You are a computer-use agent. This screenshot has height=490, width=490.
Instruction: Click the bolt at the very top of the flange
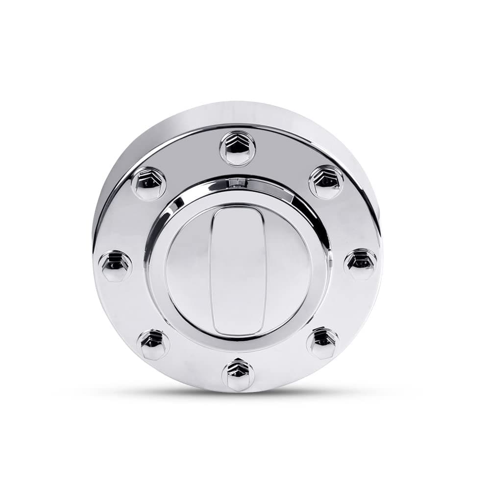pos(238,148)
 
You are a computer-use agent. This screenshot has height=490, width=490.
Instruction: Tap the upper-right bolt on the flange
pos(326,182)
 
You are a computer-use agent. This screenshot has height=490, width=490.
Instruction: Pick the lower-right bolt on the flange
pos(323,343)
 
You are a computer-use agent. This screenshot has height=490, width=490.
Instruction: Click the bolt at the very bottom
pos(238,374)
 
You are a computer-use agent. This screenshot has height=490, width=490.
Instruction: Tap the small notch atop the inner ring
pos(238,184)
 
